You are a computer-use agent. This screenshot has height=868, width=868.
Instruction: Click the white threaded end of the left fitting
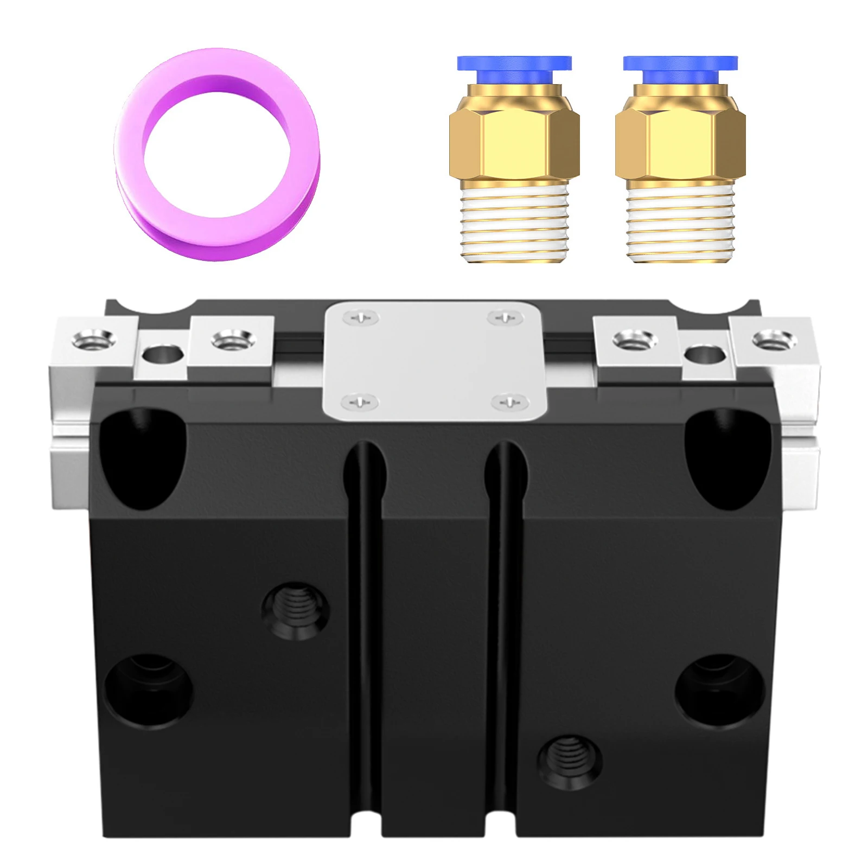(x=514, y=222)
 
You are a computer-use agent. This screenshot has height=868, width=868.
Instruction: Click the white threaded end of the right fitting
(x=680, y=222)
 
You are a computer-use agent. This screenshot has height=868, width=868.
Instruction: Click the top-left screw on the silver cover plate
(x=362, y=318)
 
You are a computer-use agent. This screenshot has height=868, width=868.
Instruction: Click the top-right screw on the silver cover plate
(x=505, y=317)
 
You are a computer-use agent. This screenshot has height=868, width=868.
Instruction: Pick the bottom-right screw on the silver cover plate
(x=509, y=402)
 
